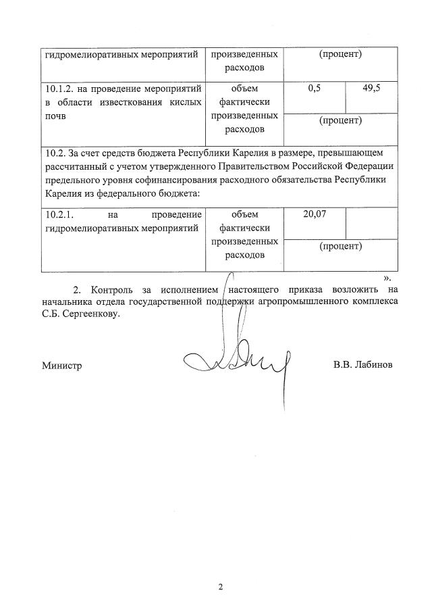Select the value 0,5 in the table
[314, 89]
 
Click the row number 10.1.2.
[61, 89]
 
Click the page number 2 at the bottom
[220, 586]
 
